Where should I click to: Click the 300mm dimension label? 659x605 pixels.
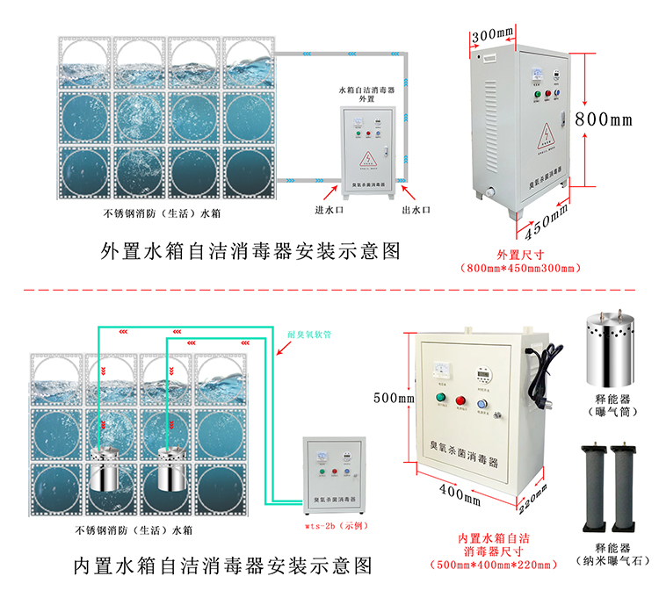tap(492, 36)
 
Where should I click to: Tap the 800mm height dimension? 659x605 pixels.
tap(604, 118)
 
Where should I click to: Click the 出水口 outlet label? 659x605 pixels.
tap(416, 210)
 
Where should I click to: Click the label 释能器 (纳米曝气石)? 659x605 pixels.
tap(606, 552)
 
